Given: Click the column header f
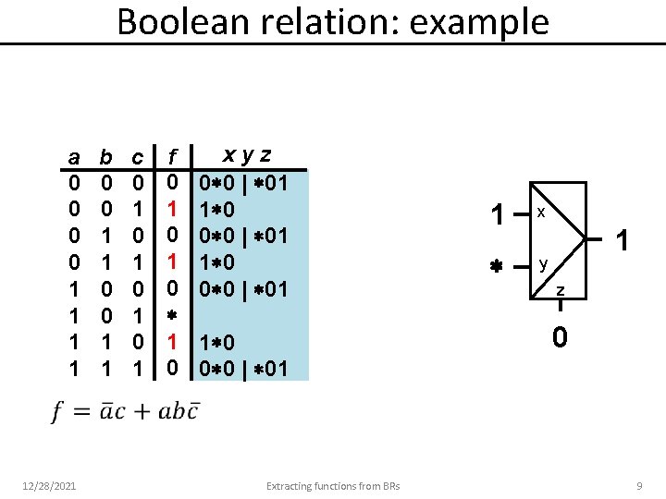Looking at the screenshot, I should [172, 156].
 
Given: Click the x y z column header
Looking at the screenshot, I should [250, 154].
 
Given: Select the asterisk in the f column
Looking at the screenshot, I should [172, 318].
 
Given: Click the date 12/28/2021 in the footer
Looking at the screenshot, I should [51, 485].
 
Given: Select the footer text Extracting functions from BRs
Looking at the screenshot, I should [332, 485].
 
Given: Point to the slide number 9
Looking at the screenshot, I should [638, 485].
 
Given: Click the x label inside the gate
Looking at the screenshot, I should [541, 213].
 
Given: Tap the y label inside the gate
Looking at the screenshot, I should [544, 264].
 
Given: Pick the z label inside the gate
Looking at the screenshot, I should [560, 292].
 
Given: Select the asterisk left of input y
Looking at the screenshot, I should [496, 267].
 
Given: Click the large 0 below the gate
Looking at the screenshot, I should [561, 339].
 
